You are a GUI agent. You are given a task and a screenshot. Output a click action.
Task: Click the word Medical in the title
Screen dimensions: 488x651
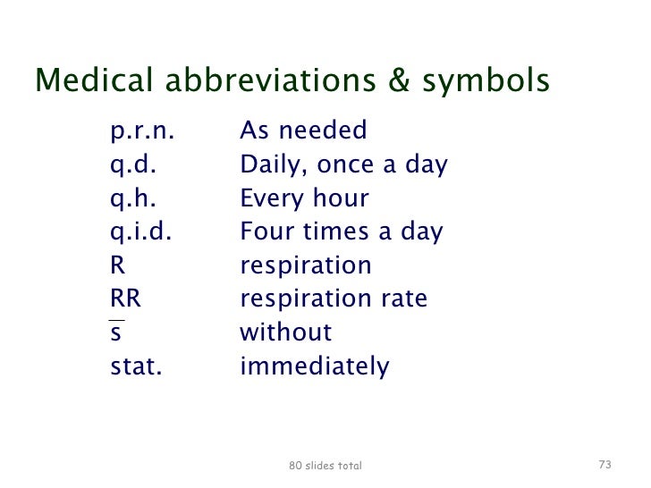pos(94,81)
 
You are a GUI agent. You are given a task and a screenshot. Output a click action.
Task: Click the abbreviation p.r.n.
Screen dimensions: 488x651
pos(141,132)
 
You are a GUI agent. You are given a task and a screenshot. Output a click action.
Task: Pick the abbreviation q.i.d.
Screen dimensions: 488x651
pos(140,232)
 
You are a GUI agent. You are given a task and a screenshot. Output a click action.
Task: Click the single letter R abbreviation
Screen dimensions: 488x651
pos(117,265)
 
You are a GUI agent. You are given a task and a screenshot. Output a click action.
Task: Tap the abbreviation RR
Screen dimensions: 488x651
pos(125,299)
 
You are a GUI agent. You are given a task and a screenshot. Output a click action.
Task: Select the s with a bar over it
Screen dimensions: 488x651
pos(116,332)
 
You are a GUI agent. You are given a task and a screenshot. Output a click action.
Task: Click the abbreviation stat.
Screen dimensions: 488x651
pos(136,366)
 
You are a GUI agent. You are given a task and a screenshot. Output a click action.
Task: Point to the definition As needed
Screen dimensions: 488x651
pos(303,131)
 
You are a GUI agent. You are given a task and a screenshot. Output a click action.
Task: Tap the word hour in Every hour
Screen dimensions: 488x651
pos(341,198)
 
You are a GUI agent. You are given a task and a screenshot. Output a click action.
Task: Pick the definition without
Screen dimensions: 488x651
pos(285,332)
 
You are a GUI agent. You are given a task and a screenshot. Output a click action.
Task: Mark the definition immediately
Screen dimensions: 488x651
pos(314,366)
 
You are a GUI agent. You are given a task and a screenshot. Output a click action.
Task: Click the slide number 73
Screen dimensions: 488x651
pos(604,465)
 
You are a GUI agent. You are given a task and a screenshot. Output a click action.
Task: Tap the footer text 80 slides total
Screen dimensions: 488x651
pos(325,466)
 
